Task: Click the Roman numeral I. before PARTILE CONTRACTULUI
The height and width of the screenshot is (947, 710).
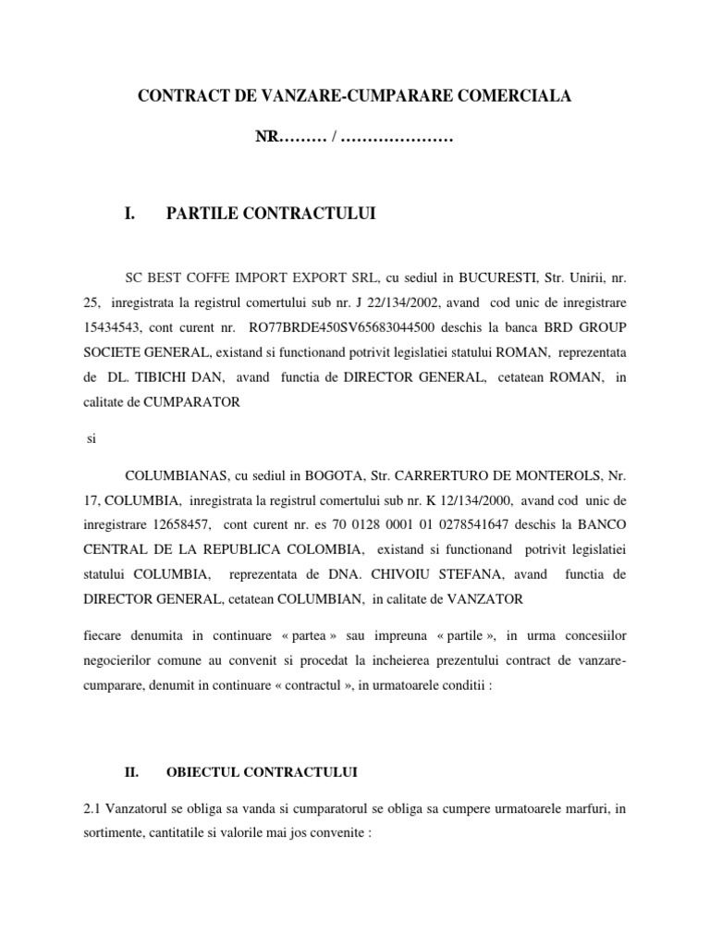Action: pos(129,215)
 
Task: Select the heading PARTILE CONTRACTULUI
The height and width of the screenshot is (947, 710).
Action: pos(271,215)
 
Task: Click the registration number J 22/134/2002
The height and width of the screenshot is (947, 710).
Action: pos(397,301)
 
